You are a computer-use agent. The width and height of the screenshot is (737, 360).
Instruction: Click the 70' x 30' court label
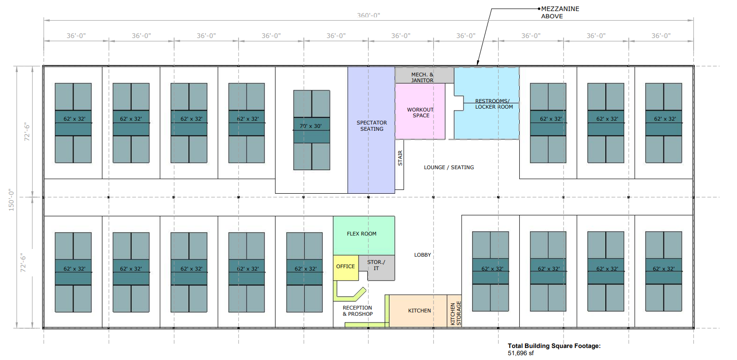click(312, 126)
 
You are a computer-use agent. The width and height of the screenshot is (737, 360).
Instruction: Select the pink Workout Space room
click(420, 112)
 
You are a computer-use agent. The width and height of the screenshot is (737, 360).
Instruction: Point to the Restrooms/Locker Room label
click(494, 104)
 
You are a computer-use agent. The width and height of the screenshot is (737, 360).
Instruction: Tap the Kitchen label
click(419, 310)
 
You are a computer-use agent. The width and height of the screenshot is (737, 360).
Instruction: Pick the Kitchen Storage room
click(455, 313)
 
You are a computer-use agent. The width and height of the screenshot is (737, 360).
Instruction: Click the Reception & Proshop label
click(357, 311)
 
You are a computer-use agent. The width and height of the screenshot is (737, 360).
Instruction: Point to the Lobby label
click(422, 255)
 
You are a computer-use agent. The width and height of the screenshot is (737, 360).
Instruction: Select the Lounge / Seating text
click(449, 167)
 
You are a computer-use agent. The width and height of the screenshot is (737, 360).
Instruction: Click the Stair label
click(400, 159)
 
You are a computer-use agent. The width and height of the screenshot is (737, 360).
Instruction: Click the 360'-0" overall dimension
click(368, 15)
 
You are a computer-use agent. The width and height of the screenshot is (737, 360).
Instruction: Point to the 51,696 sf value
click(521, 353)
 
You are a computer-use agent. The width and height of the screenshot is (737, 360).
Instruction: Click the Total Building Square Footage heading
click(554, 346)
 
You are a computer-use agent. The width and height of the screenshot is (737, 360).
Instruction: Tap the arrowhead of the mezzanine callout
click(477, 63)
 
